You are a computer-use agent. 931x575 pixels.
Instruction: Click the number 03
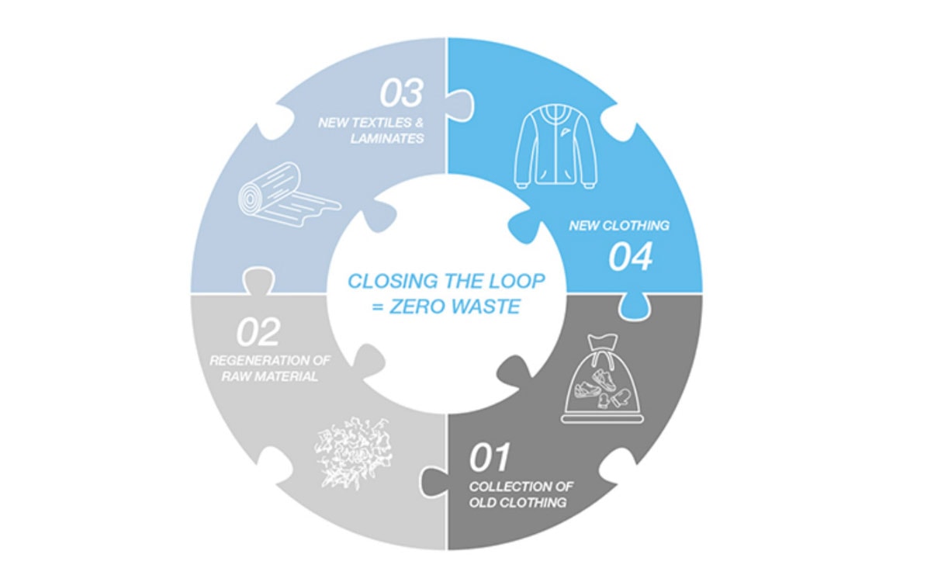(x=401, y=93)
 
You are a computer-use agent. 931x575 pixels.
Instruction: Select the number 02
(x=258, y=333)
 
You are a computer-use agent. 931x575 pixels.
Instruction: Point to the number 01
(x=489, y=458)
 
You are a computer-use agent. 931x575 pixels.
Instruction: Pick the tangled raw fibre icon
(x=349, y=453)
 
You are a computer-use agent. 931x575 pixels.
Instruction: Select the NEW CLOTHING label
(x=618, y=226)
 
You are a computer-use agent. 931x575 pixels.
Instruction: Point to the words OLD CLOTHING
(x=517, y=502)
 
